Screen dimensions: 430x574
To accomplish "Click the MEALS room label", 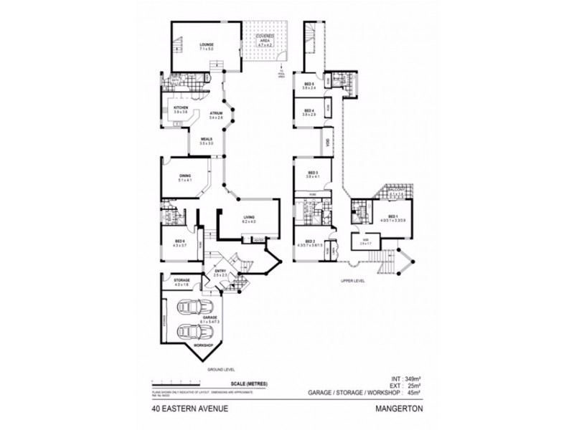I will pyautogui.click(x=207, y=140).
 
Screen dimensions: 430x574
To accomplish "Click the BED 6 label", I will pyautogui.click(x=180, y=241).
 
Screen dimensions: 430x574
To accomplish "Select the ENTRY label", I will pyautogui.click(x=220, y=271).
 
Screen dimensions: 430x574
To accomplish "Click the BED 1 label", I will pyautogui.click(x=392, y=216).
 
